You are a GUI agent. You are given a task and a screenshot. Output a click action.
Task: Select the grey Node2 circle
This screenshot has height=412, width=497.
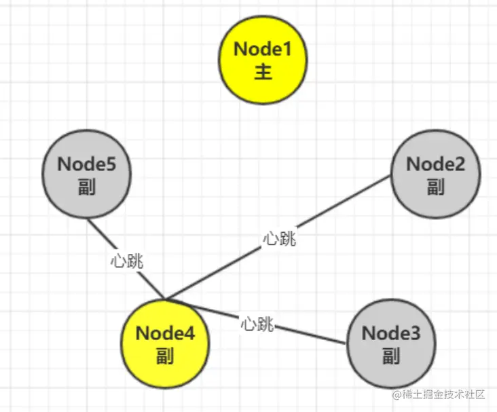click(x=436, y=174)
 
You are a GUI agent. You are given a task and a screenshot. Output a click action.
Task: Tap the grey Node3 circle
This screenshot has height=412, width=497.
click(x=391, y=344)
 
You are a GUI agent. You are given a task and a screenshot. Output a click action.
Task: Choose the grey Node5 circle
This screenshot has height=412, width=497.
click(x=86, y=174)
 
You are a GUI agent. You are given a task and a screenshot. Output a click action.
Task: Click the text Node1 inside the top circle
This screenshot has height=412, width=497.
click(x=263, y=49)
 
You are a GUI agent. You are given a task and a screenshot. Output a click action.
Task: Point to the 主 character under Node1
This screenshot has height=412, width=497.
click(x=263, y=71)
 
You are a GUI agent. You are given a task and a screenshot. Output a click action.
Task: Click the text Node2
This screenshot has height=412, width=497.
click(x=436, y=164)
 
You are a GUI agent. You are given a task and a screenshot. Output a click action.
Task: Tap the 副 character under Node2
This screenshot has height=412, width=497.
click(x=436, y=186)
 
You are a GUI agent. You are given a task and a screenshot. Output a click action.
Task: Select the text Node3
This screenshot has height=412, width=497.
click(x=391, y=334)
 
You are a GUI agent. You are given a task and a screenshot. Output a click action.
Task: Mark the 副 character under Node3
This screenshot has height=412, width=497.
click(x=391, y=356)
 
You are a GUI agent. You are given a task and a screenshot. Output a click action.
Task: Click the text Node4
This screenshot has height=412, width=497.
click(x=165, y=334)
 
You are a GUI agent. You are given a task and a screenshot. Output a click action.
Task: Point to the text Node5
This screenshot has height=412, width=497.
click(x=86, y=164)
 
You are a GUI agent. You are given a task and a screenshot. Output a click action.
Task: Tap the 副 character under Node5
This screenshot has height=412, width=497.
click(x=86, y=186)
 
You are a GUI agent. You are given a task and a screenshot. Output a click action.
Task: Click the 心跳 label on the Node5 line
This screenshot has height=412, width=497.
click(x=128, y=261)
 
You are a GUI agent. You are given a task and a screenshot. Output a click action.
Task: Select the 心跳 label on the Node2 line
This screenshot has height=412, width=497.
click(x=280, y=238)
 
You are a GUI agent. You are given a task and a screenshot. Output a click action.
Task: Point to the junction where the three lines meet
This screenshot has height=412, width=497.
click(x=165, y=299)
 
